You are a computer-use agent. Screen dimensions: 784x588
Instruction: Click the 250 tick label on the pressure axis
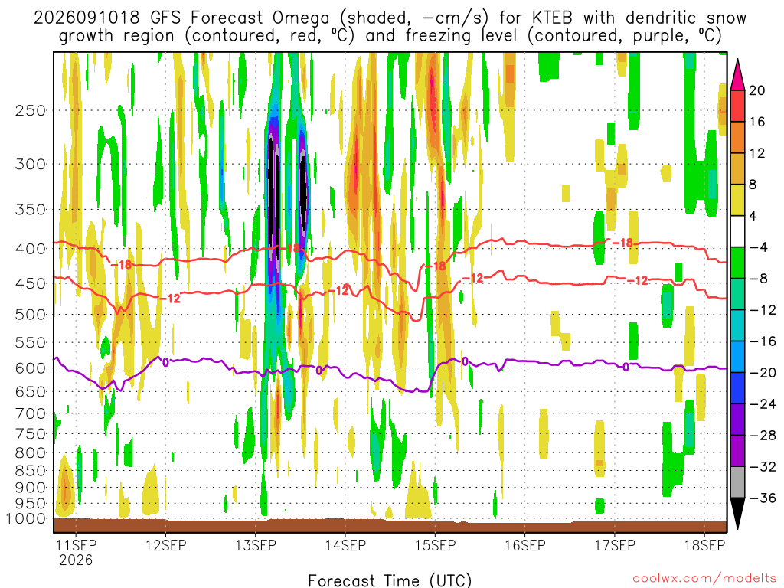pos(31,110)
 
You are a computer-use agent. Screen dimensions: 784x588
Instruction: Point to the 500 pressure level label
pos(31,315)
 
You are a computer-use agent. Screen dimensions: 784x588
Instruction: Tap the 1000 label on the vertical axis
pos(26,518)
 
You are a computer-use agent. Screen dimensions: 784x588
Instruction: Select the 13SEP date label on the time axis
pos(256,544)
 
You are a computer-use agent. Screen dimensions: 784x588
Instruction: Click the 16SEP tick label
pos(525,544)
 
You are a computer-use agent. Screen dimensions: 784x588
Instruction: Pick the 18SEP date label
pos(704,544)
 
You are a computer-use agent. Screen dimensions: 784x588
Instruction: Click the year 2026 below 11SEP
pos(76,560)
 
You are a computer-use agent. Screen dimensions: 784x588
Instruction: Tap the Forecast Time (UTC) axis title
pos(390,580)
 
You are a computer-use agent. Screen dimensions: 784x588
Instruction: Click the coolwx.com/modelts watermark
pos(704,579)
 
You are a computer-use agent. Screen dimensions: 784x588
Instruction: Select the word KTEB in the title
pos(552,18)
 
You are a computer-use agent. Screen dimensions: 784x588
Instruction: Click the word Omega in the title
pos(301,18)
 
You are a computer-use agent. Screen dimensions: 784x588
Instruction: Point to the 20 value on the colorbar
pos(756,90)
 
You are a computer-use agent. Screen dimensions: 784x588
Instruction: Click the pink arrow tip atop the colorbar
pos(737,61)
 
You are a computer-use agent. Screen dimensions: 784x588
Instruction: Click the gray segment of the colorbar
pos(737,482)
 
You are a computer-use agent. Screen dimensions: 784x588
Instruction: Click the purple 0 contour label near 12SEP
pos(165,362)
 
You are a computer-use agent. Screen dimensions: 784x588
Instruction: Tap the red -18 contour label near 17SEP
pos(622,243)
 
